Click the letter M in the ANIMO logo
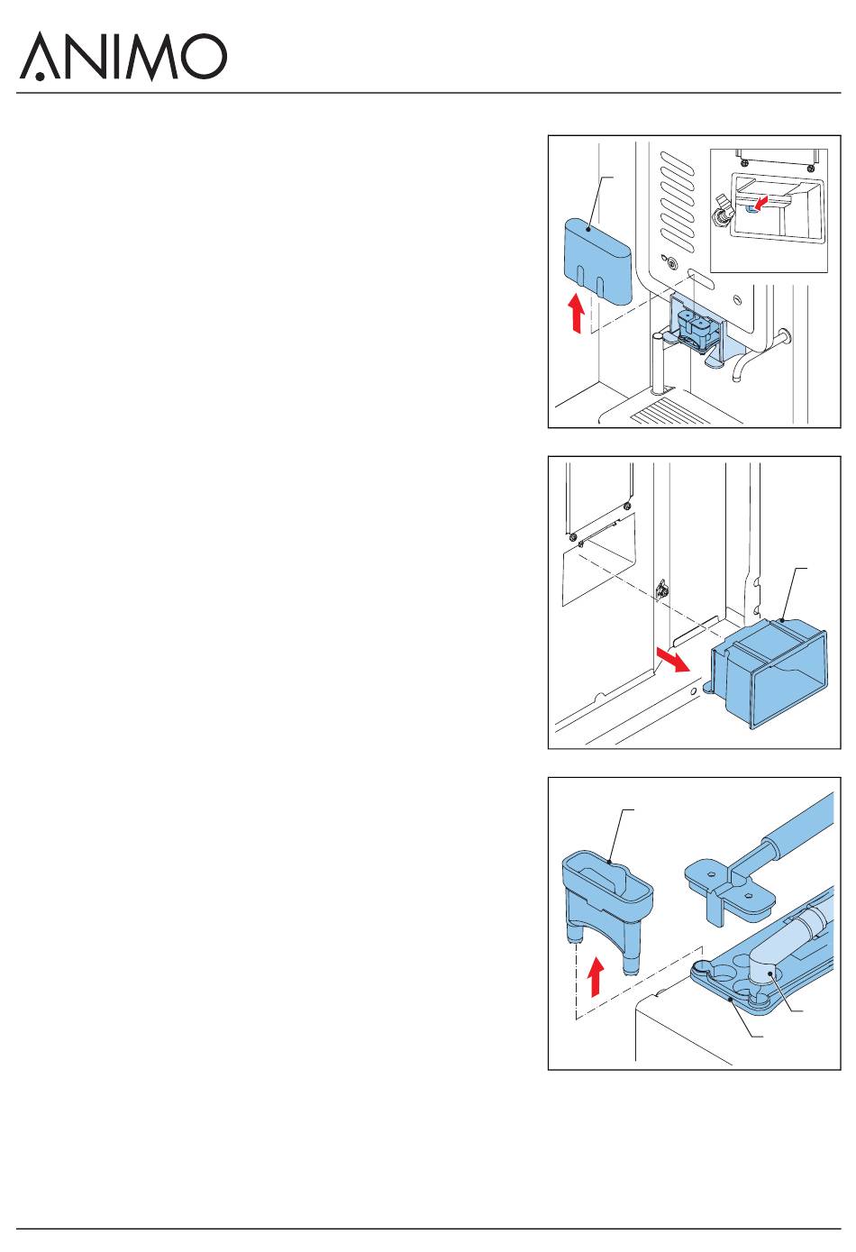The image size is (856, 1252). (150, 57)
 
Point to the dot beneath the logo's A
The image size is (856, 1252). (40, 76)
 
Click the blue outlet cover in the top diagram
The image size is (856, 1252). (598, 261)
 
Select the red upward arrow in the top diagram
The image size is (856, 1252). (577, 313)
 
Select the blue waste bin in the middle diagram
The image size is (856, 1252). (769, 673)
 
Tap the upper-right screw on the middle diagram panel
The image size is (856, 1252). (627, 507)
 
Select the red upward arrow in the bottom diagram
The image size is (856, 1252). (596, 976)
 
